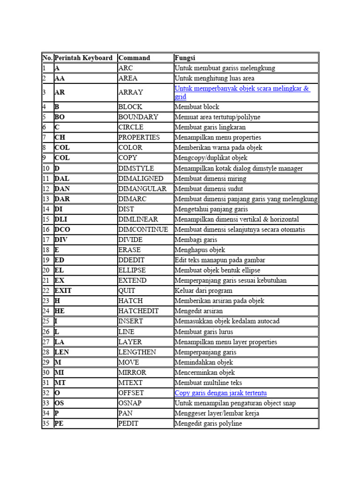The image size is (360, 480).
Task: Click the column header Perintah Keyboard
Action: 83,58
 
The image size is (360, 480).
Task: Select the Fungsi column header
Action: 185,58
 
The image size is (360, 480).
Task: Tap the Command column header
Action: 134,58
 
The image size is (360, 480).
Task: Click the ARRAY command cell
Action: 131,92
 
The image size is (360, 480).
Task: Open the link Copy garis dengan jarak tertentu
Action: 220,393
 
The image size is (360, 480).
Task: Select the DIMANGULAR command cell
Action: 142,189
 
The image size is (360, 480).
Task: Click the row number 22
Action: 46,291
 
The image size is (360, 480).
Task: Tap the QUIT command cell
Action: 127,291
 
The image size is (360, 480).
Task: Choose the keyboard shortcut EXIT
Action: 63,291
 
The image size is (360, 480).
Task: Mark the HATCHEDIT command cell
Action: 139,311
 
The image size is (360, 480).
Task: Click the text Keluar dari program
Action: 203,291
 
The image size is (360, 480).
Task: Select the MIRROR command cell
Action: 132,373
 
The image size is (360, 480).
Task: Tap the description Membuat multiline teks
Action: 208,383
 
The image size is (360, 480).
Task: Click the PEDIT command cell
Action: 128,424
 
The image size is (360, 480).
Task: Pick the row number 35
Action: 46,424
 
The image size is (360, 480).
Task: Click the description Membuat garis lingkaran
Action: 210,127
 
